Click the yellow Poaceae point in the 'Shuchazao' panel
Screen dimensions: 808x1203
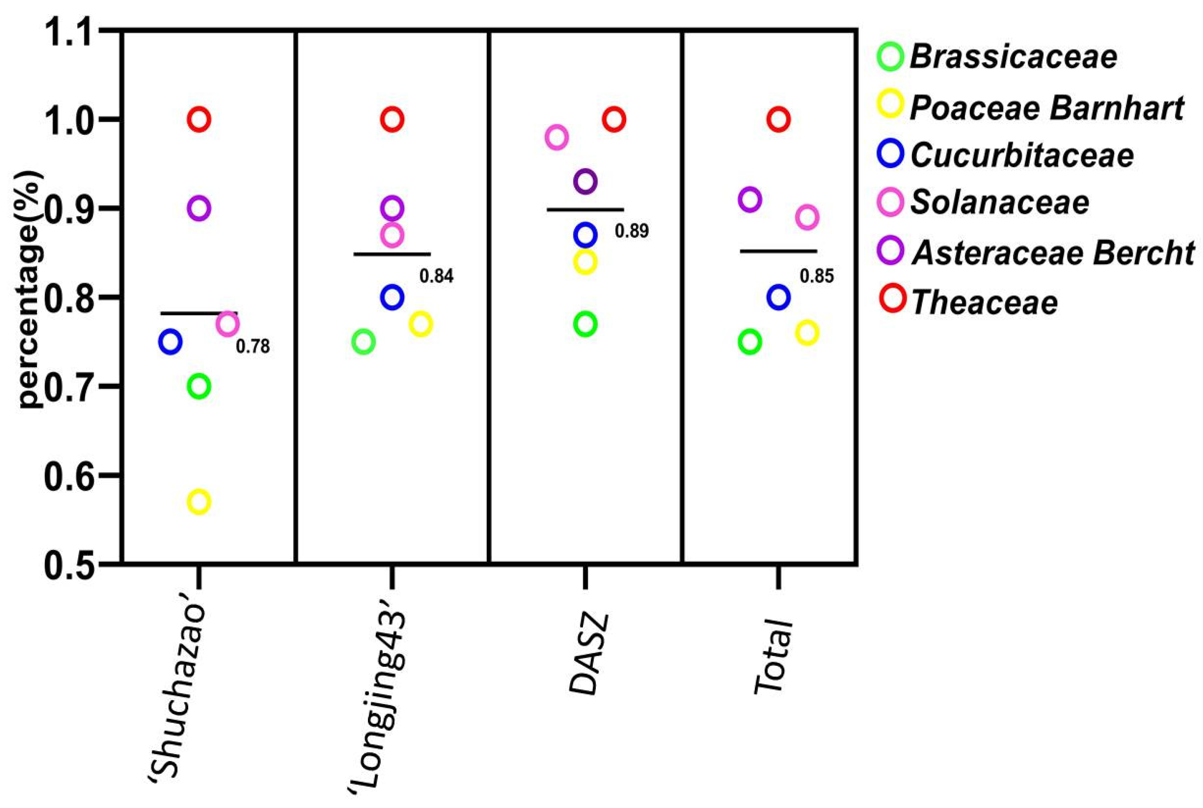tap(199, 501)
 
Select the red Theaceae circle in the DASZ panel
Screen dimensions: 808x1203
tap(614, 120)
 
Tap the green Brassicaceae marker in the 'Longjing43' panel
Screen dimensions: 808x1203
tap(364, 342)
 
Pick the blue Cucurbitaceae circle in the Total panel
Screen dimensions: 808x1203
tap(778, 297)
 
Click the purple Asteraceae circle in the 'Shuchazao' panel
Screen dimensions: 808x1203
tap(199, 208)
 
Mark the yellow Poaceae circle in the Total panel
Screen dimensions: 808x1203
tap(807, 332)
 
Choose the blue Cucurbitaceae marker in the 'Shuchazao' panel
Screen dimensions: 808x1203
tap(171, 342)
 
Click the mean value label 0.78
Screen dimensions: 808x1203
tap(252, 347)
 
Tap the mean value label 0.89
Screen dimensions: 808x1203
tap(632, 231)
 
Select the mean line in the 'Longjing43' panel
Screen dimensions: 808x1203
tap(392, 254)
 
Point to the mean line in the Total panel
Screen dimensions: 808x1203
tap(778, 252)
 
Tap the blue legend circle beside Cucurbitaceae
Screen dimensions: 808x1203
tap(890, 154)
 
